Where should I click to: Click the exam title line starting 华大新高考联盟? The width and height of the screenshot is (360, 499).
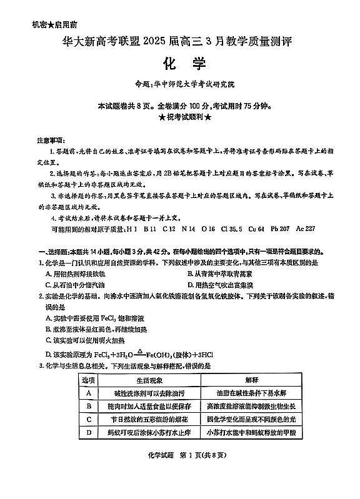[x=178, y=42]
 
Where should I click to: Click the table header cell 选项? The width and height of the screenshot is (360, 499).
[x=89, y=379]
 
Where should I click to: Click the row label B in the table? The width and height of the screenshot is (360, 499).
[x=89, y=405]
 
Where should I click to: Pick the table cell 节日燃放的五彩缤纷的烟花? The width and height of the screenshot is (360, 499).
[x=149, y=418]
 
